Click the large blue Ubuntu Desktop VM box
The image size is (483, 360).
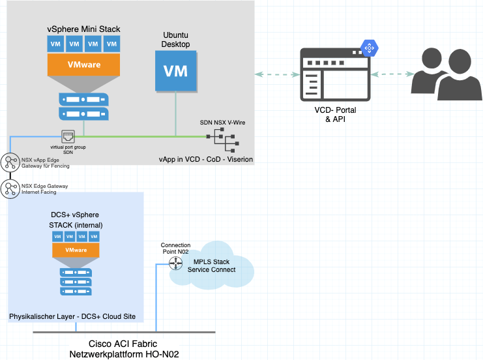(x=175, y=71)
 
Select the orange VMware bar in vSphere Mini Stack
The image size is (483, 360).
(x=83, y=65)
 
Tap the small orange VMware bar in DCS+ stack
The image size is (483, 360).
(x=77, y=250)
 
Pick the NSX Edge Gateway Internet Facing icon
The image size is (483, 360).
(x=10, y=188)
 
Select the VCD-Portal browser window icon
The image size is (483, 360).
(x=334, y=75)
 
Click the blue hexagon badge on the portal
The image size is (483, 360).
(x=370, y=48)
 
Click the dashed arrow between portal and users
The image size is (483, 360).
(x=391, y=74)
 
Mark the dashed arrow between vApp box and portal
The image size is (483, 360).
(x=277, y=74)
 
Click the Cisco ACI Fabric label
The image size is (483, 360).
(x=123, y=344)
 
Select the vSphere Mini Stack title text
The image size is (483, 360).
(x=83, y=29)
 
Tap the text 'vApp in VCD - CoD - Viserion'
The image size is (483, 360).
(x=205, y=158)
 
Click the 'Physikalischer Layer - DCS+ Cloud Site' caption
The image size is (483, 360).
(x=72, y=316)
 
